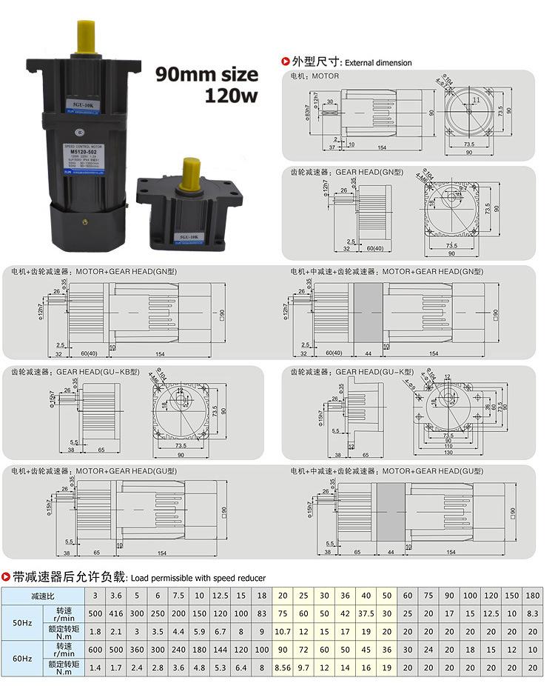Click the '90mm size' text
coord(206,74)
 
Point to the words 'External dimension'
coord(378,63)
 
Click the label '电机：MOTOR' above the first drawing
coord(314,76)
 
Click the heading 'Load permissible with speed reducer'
coord(197,578)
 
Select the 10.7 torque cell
coord(282,631)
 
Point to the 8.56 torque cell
coord(282,667)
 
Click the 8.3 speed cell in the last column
coord(533,613)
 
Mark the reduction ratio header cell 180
coord(533,596)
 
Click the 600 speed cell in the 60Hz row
coord(95,650)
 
